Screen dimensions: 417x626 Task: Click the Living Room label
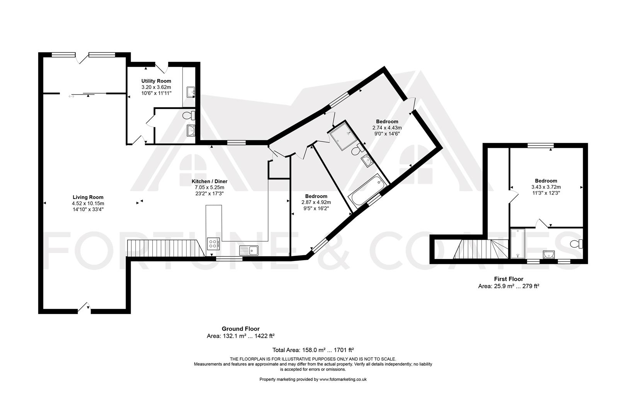(x=88, y=197)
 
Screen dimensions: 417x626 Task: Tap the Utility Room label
(x=156, y=81)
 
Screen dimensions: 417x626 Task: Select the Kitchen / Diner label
(x=209, y=181)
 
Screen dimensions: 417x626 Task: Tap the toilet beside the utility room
(x=189, y=115)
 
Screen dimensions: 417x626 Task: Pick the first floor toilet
(x=577, y=244)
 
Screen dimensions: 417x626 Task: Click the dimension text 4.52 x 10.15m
(x=88, y=203)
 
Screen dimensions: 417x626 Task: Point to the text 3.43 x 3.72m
(x=546, y=186)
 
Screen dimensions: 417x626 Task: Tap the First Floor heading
(x=509, y=279)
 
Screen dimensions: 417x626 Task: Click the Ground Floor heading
(x=240, y=329)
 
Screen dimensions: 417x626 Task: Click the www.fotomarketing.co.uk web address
(x=343, y=379)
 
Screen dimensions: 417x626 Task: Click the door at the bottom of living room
(x=84, y=308)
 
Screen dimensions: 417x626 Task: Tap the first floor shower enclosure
(x=517, y=243)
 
